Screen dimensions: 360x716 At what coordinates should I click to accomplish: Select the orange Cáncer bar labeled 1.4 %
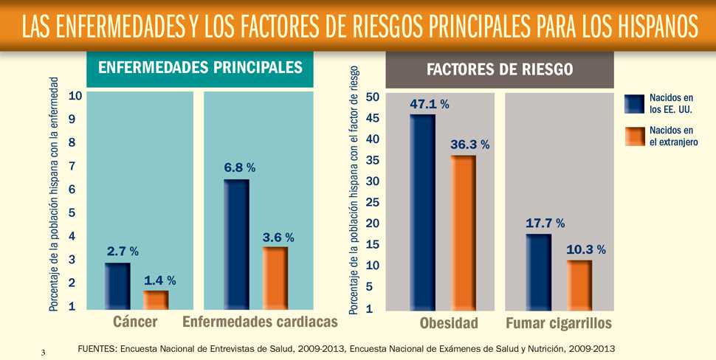pyautogui.click(x=156, y=300)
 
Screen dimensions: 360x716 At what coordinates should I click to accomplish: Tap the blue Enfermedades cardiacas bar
pyautogui.click(x=236, y=245)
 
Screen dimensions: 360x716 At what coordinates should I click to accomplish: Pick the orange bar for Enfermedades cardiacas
pyautogui.click(x=275, y=278)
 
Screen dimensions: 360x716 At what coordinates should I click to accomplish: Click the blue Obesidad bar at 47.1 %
pyautogui.click(x=422, y=212)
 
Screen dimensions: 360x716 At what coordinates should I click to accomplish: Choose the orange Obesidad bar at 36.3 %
pyautogui.click(x=463, y=232)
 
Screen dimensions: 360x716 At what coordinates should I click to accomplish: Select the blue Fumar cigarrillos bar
pyautogui.click(x=538, y=272)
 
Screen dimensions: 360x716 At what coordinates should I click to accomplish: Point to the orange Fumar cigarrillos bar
pyautogui.click(x=579, y=285)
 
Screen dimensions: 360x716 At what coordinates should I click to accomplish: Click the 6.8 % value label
pyautogui.click(x=240, y=168)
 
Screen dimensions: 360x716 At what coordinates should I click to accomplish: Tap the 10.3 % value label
pyautogui.click(x=585, y=250)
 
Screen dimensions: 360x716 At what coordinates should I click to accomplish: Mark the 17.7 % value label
pyautogui.click(x=545, y=223)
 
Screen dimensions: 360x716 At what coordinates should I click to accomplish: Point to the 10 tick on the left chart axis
pyautogui.click(x=75, y=96)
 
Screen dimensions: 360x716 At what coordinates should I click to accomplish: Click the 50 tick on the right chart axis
pyautogui.click(x=372, y=97)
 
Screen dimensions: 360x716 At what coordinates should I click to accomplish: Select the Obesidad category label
pyautogui.click(x=449, y=324)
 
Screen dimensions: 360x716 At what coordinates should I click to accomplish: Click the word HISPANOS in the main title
pyautogui.click(x=647, y=27)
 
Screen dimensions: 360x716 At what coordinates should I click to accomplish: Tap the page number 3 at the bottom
pyautogui.click(x=44, y=353)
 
